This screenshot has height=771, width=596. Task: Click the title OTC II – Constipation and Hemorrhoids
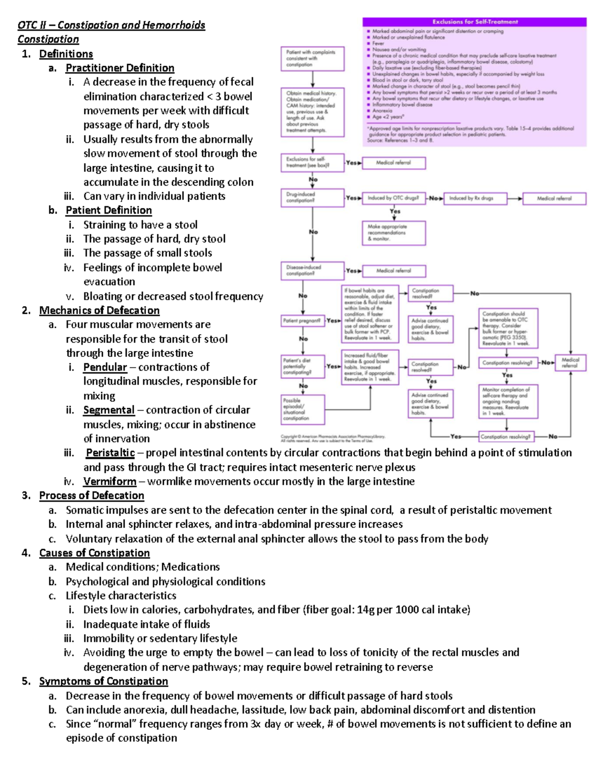point(111,25)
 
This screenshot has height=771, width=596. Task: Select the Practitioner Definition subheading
point(120,68)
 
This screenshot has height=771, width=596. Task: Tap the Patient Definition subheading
point(109,210)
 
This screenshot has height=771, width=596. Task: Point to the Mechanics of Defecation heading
point(99,311)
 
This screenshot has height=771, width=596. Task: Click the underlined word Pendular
point(105,367)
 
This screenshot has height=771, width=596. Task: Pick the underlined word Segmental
point(109,410)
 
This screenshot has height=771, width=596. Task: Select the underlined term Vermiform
point(110,482)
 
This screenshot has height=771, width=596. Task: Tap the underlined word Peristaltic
point(110,453)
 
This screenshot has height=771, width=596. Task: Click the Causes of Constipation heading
point(94,553)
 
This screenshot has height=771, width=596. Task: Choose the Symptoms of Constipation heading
point(103,681)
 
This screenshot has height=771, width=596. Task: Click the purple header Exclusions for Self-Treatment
point(475,22)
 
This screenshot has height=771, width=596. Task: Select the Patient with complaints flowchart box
point(312,59)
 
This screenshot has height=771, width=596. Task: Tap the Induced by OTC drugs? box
point(393,198)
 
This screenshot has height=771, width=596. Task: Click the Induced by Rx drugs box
point(474,199)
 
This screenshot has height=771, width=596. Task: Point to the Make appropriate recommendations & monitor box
point(393,233)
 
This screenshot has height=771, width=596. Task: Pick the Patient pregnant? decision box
point(303,321)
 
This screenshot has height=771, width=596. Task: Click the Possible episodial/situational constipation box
point(302,410)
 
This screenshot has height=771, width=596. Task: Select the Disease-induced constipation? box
point(312,271)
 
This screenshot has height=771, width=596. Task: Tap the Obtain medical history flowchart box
point(312,112)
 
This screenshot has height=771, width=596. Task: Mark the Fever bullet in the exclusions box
point(378,43)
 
